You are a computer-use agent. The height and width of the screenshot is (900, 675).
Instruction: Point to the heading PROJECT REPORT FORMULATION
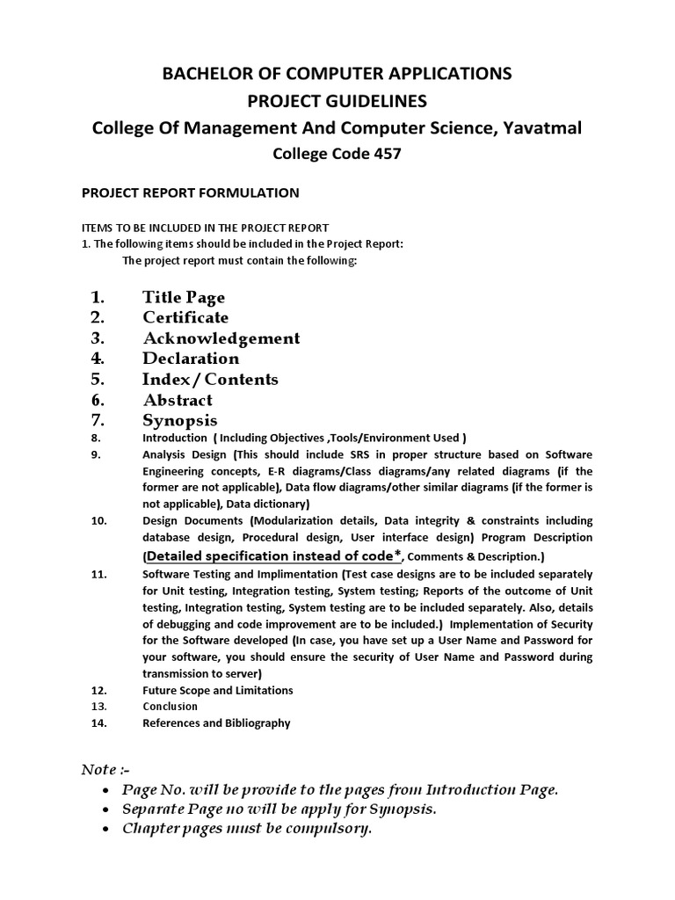(x=190, y=192)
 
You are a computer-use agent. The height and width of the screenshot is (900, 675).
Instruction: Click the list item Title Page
(x=184, y=297)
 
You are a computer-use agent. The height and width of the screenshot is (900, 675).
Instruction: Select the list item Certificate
(x=185, y=317)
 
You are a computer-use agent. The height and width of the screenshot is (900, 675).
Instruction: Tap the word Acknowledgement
(x=221, y=338)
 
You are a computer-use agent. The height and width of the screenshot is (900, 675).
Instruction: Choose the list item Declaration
(x=191, y=359)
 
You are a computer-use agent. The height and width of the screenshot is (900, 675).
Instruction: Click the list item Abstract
(x=178, y=400)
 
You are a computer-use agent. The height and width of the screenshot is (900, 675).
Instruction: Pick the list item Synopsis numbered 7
(x=179, y=420)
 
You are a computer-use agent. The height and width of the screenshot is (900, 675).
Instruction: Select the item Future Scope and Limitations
(x=218, y=691)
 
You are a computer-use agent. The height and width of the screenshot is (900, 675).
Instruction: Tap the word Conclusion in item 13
(x=171, y=707)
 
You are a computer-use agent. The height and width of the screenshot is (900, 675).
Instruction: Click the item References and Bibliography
(x=216, y=723)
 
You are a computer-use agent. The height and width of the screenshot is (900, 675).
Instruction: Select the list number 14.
(x=98, y=723)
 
